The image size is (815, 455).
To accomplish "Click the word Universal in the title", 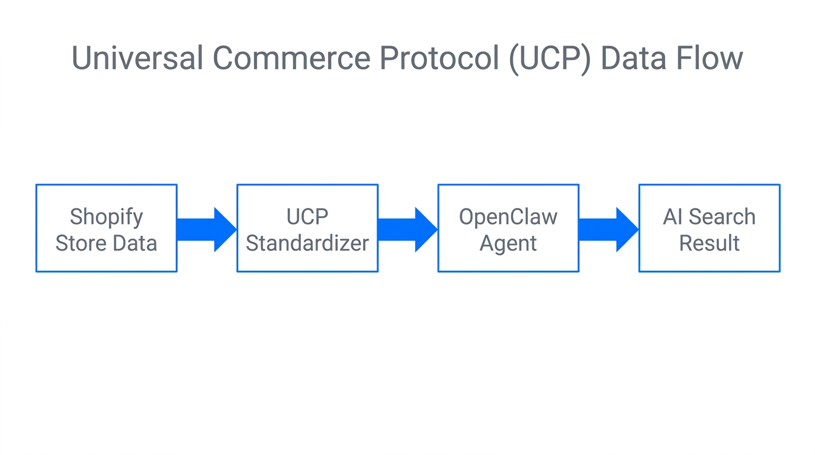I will (137, 59).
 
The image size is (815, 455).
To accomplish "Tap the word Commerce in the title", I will (291, 59).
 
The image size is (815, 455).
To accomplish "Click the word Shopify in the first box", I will (107, 217).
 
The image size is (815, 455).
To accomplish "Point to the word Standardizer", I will (307, 243).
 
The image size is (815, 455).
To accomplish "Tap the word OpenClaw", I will (508, 217).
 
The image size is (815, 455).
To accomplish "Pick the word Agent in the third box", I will (508, 243).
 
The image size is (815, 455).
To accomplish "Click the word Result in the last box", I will (709, 243).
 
